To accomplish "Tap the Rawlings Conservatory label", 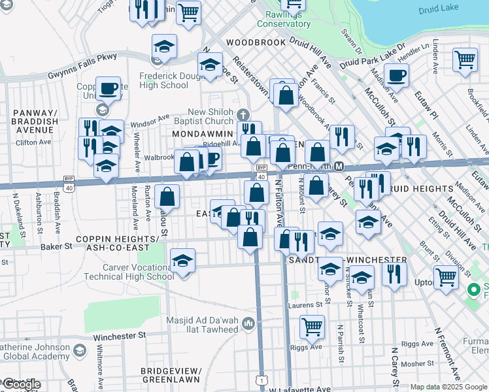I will (283, 20).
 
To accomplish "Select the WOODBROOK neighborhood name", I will (256, 42).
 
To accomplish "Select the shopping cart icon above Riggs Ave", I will (312, 326).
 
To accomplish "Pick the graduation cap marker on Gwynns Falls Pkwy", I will (165, 46).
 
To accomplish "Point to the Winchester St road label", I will (118, 336).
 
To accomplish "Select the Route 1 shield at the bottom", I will (262, 380).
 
